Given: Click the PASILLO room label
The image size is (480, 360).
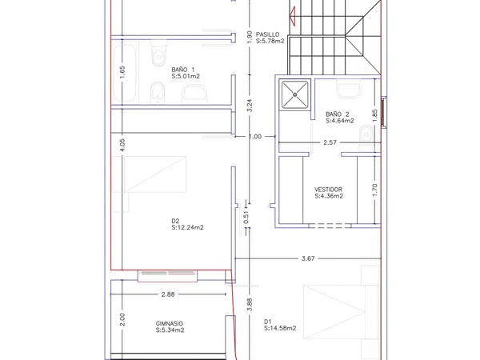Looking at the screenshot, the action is click(267, 34).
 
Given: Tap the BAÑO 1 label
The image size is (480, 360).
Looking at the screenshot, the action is click(182, 70).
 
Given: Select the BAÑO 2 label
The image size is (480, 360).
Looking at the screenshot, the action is click(338, 114).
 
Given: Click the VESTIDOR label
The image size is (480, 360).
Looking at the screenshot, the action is click(328, 190).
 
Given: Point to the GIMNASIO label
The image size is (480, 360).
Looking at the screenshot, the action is click(170, 323).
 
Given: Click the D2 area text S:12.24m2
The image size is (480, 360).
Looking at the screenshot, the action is click(187, 227).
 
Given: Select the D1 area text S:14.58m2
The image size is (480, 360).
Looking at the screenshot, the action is click(280, 328).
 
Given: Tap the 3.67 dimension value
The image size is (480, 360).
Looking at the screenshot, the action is click(308, 258).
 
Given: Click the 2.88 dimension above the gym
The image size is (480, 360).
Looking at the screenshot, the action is click(168, 294).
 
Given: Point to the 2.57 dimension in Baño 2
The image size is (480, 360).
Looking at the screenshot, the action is click(330, 142).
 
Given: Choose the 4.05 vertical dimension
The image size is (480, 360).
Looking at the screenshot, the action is click(122, 145).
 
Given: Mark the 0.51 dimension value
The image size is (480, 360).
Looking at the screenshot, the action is click(246, 217).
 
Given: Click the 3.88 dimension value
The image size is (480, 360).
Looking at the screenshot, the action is click(250, 305).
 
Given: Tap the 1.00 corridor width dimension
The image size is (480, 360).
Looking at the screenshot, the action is click(255, 137).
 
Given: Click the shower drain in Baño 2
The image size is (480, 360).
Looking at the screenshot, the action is click(294, 94).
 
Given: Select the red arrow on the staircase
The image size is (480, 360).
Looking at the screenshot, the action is click(292, 15).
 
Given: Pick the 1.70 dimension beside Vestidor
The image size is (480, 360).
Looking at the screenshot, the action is click(375, 190).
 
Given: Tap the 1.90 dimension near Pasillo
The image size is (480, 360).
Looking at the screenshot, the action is click(250, 37).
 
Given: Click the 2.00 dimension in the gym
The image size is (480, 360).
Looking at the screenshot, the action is click(122, 319).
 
